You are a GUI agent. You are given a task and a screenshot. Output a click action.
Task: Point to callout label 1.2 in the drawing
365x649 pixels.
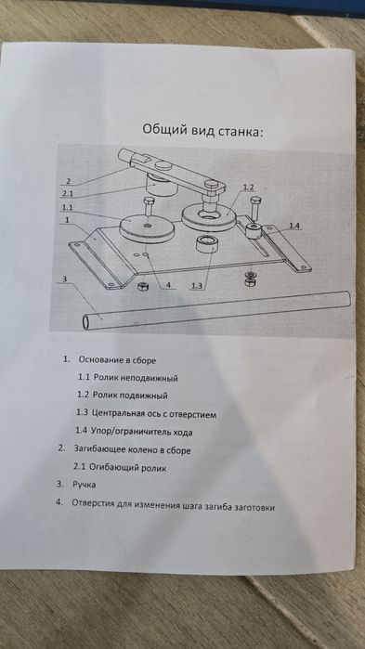(x=247, y=188)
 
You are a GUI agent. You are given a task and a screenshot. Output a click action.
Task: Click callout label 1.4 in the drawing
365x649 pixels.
(x=293, y=226)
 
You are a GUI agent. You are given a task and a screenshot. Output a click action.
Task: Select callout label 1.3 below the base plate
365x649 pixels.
(x=196, y=287)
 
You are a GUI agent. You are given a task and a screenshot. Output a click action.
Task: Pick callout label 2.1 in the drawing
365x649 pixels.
(x=67, y=193)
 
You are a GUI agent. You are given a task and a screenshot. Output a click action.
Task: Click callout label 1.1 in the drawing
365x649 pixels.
(x=67, y=209)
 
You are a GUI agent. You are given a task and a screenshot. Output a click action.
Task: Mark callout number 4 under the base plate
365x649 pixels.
(x=168, y=286)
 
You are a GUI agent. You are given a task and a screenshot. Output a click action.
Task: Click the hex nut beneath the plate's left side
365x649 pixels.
(x=140, y=288)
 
